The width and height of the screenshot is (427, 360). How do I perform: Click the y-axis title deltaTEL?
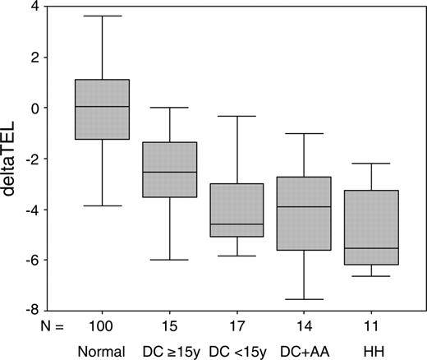tap(15, 157)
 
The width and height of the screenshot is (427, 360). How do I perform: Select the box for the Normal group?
tap(102, 109)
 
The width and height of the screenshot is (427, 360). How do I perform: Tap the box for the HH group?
tap(370, 228)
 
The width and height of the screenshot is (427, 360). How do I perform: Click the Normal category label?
tap(102, 351)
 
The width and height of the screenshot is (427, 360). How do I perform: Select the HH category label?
tap(370, 351)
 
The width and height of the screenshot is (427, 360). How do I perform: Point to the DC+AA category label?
tap(304, 351)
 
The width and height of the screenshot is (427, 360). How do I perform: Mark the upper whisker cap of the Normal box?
tap(102, 16)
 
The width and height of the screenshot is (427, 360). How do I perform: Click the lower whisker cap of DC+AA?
tap(303, 299)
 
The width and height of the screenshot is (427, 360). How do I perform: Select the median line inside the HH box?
tap(370, 248)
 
